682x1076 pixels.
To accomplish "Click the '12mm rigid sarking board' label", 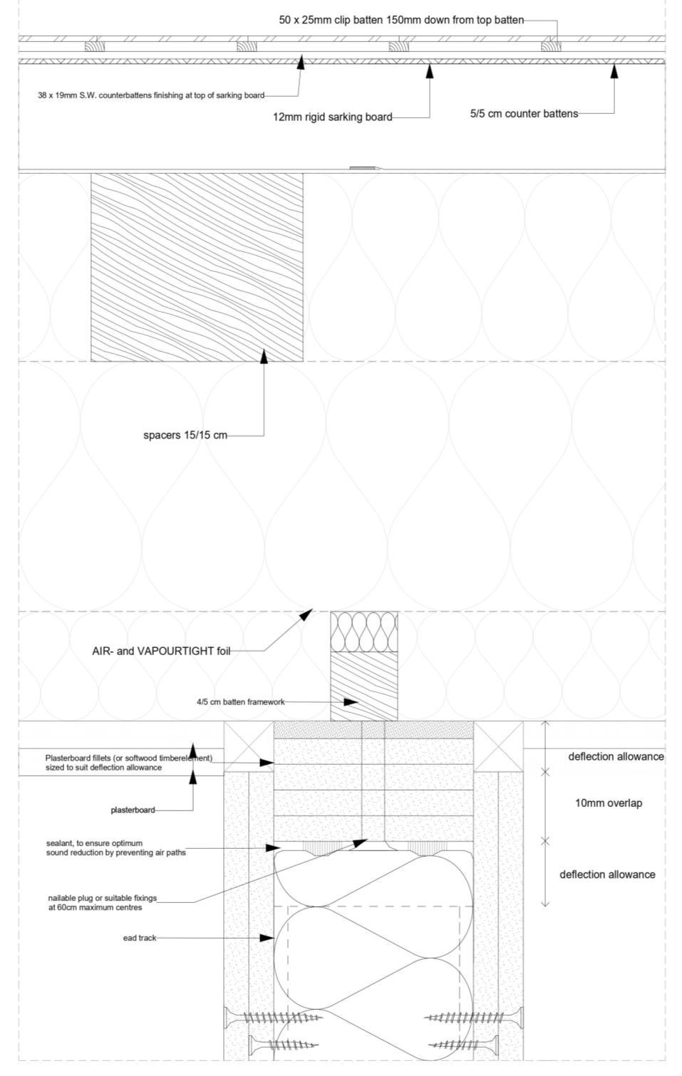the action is (332, 117).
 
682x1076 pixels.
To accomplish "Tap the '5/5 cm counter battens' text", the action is (523, 113).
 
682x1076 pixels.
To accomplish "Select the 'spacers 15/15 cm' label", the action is (185, 435).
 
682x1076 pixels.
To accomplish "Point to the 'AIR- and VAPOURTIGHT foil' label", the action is (161, 651).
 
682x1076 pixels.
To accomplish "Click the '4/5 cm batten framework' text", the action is (240, 702).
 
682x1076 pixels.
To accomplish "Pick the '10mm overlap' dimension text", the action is (608, 803).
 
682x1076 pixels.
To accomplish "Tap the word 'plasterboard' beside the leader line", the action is (133, 810).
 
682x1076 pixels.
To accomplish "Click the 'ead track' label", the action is (139, 938).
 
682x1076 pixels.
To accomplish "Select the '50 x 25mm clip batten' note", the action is (401, 20).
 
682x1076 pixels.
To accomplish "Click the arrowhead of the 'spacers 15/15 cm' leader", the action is (264, 355).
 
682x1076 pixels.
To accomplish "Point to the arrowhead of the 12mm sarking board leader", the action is (429, 70).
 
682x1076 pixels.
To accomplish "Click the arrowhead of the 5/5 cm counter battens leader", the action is (614, 70).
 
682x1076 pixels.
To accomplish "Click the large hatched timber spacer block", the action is (197, 267).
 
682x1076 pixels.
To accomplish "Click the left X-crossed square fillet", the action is (249, 746).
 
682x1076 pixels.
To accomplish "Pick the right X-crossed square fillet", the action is (498, 746).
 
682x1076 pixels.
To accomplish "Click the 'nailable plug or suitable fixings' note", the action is (102, 903).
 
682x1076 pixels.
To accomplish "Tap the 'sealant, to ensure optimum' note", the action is (115, 847).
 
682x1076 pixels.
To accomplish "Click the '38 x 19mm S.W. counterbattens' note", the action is (151, 95).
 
